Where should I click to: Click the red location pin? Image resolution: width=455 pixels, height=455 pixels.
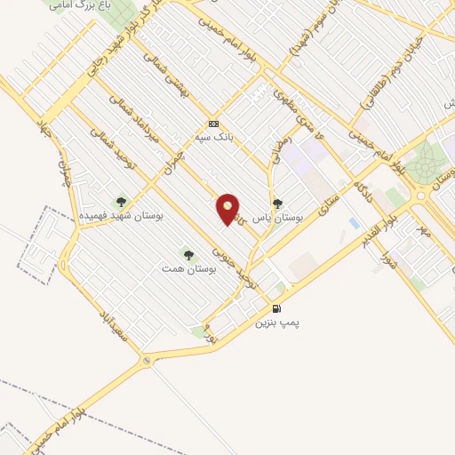click(x=228, y=209)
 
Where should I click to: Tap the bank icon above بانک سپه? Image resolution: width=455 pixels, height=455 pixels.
click(x=212, y=124)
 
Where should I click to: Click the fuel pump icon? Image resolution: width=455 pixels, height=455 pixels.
click(x=277, y=309)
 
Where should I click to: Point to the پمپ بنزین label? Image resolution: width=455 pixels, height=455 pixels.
click(x=274, y=323)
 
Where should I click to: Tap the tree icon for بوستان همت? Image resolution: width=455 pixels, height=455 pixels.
click(x=187, y=254)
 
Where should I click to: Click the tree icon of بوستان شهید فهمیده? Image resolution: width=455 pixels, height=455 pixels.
click(x=121, y=202)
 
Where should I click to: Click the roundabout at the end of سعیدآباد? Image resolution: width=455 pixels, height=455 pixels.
click(x=146, y=362)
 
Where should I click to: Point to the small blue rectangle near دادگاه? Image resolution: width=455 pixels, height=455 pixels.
click(x=355, y=222)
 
